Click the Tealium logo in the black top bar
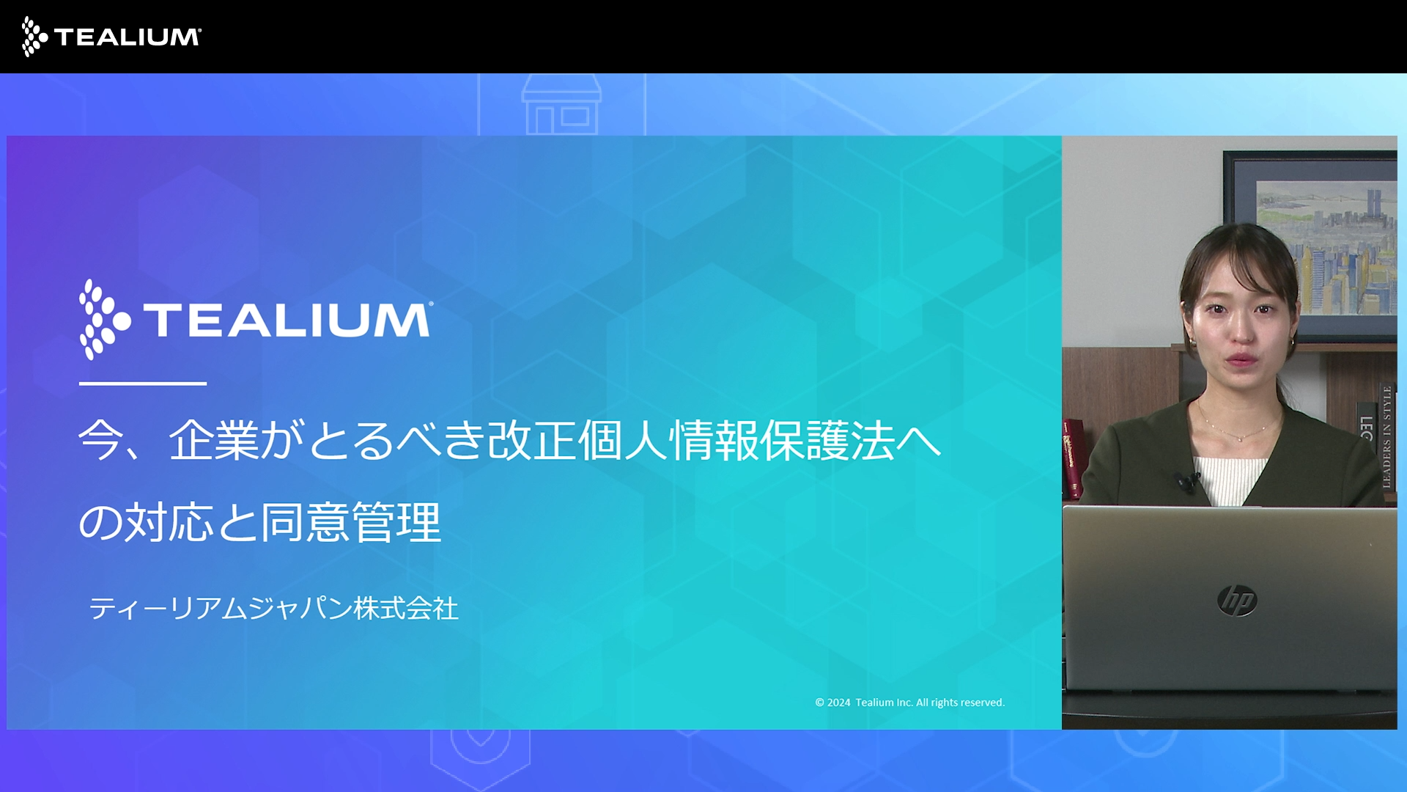[x=111, y=37]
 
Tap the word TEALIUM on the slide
[x=287, y=320]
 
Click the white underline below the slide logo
[x=142, y=383]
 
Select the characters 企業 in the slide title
[x=214, y=441]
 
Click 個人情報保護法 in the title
[x=736, y=441]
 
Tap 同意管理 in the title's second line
[x=351, y=523]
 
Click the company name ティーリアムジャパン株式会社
[x=273, y=609]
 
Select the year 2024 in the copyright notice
[x=838, y=703]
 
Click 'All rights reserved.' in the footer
[x=960, y=703]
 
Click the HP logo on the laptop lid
[x=1237, y=601]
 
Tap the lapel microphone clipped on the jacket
[x=1186, y=481]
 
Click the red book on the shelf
[x=1072, y=458]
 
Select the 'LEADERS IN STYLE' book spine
[x=1386, y=436]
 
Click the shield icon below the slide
[x=480, y=752]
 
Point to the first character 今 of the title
[x=100, y=441]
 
